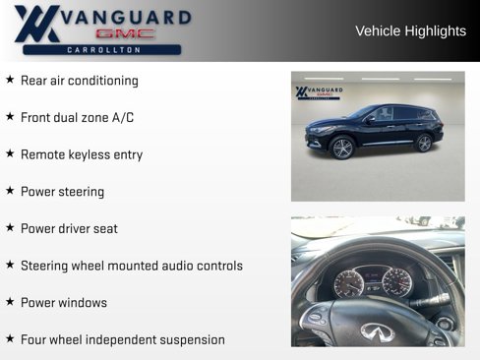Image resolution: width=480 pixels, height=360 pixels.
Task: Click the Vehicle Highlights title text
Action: (x=410, y=31)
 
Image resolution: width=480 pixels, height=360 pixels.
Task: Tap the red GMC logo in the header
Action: (x=125, y=33)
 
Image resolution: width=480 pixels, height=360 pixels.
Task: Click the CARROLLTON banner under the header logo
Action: (x=102, y=50)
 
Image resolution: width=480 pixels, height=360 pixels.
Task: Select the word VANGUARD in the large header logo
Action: (x=126, y=18)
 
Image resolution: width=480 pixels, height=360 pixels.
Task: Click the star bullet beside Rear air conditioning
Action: (x=10, y=80)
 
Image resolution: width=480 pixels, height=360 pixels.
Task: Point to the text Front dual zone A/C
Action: (x=78, y=117)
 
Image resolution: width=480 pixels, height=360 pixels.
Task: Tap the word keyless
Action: (x=90, y=154)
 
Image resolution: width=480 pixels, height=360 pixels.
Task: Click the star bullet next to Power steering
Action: (x=10, y=191)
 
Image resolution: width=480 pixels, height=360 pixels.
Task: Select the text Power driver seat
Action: (x=69, y=228)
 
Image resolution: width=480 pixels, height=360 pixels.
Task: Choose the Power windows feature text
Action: (x=64, y=303)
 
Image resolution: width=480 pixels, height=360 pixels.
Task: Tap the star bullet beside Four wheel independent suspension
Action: (x=10, y=338)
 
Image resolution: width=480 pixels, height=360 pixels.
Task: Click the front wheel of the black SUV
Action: (x=342, y=148)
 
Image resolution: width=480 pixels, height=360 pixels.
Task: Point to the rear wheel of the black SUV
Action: (x=424, y=144)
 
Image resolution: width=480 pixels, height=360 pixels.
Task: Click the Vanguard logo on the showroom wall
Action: (x=319, y=92)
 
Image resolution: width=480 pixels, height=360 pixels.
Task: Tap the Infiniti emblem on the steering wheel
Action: (x=377, y=331)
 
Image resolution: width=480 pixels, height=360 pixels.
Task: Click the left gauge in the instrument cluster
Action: (x=349, y=284)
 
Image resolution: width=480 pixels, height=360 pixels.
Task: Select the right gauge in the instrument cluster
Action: (x=396, y=282)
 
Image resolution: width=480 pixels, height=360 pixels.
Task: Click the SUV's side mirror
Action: (x=371, y=120)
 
